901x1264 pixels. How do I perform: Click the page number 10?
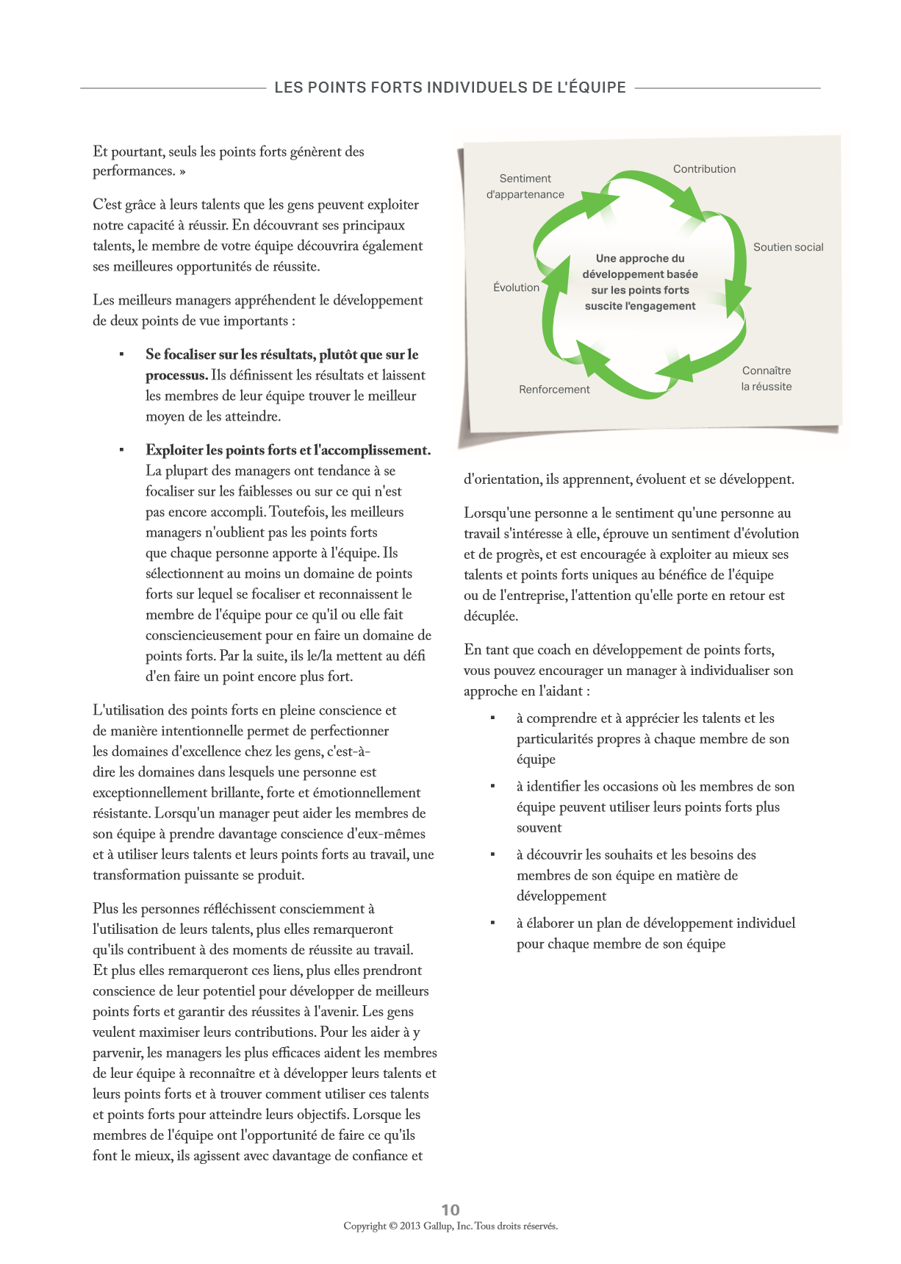(x=450, y=1210)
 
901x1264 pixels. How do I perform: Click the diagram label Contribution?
(x=704, y=169)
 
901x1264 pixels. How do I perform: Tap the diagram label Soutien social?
(x=788, y=248)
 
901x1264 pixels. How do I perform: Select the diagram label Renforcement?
(x=554, y=390)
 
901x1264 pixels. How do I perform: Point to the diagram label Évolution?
(x=516, y=288)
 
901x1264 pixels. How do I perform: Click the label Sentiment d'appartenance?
(x=525, y=187)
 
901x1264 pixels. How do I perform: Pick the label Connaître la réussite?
(x=767, y=379)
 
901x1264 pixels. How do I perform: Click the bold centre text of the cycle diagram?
(x=640, y=282)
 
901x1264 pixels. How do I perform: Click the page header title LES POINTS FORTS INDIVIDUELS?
(x=450, y=88)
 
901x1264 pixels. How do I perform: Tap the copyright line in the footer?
(x=450, y=1226)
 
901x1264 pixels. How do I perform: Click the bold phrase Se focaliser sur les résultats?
(x=282, y=355)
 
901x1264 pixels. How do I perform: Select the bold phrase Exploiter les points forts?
(x=288, y=451)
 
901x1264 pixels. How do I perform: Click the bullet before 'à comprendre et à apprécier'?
(x=492, y=718)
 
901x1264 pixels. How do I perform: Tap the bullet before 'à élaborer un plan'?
(x=492, y=923)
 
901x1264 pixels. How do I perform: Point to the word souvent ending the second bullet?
(x=539, y=828)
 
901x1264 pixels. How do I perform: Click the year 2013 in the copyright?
(x=410, y=1226)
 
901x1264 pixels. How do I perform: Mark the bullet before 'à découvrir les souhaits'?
(x=492, y=854)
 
